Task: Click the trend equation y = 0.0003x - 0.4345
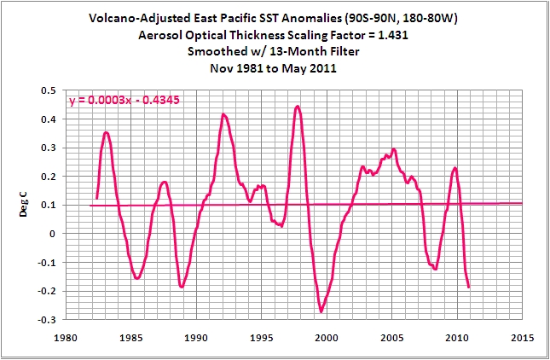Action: (x=124, y=101)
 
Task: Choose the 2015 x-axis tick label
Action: (x=523, y=337)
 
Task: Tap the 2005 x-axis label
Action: (x=392, y=337)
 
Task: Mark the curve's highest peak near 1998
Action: (x=297, y=107)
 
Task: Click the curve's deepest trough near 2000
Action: (x=321, y=311)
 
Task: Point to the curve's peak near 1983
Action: (x=107, y=132)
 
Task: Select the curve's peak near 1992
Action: (x=223, y=114)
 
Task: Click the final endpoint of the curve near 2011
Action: (x=469, y=287)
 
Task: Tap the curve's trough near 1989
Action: (x=182, y=287)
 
